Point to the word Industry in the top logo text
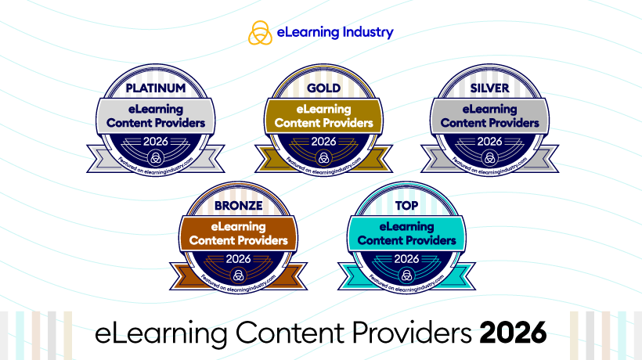coord(367,33)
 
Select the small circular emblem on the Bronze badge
coord(239,274)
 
